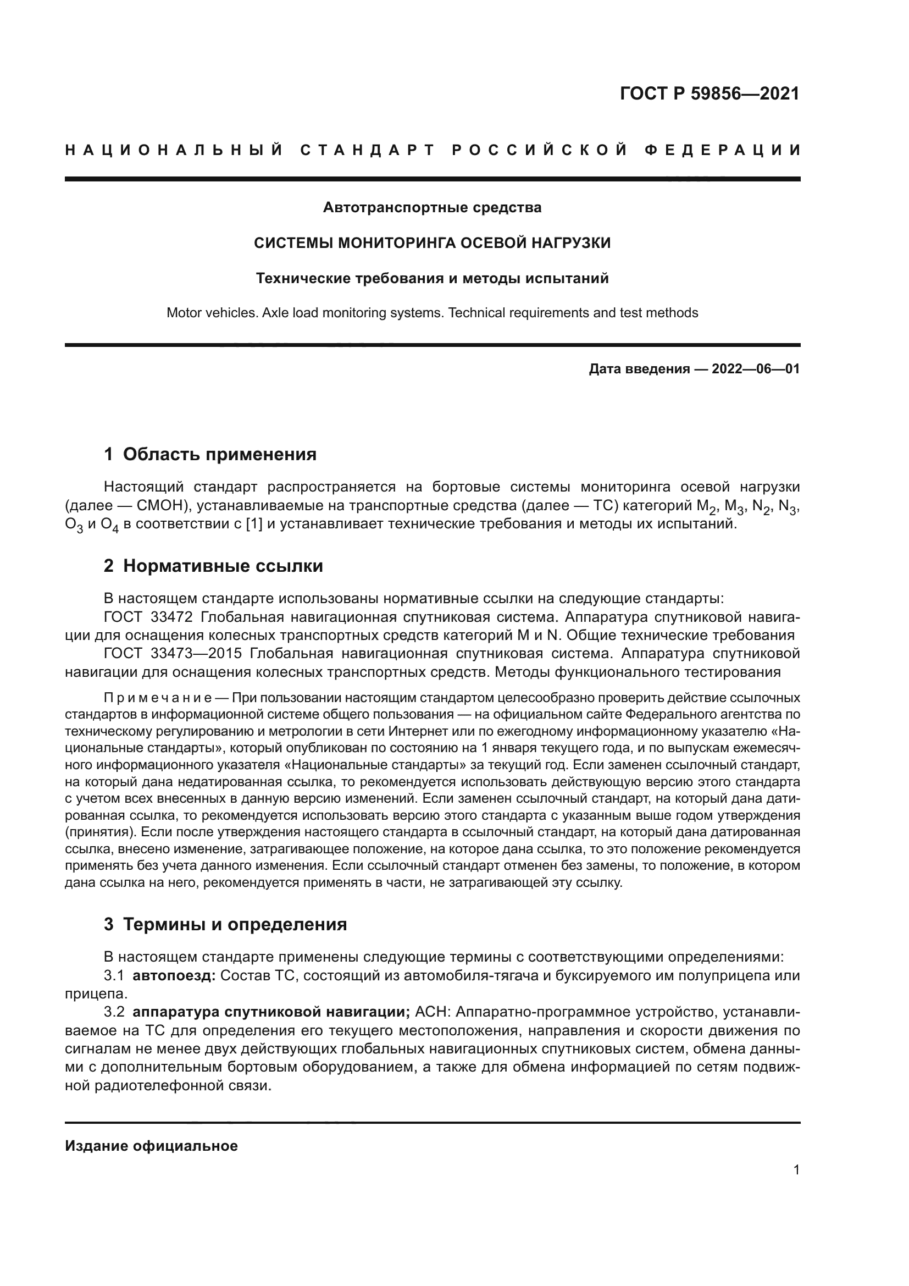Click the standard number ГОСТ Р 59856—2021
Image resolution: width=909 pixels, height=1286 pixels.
pos(709,93)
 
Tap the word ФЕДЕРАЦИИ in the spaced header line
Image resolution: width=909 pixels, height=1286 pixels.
pos(722,150)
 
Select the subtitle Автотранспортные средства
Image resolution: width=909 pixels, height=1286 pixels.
pos(432,208)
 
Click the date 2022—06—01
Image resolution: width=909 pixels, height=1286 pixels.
pos(755,369)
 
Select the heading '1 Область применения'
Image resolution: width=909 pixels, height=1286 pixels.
pos(210,454)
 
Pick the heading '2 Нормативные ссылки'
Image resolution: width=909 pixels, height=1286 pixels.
pos(213,566)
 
